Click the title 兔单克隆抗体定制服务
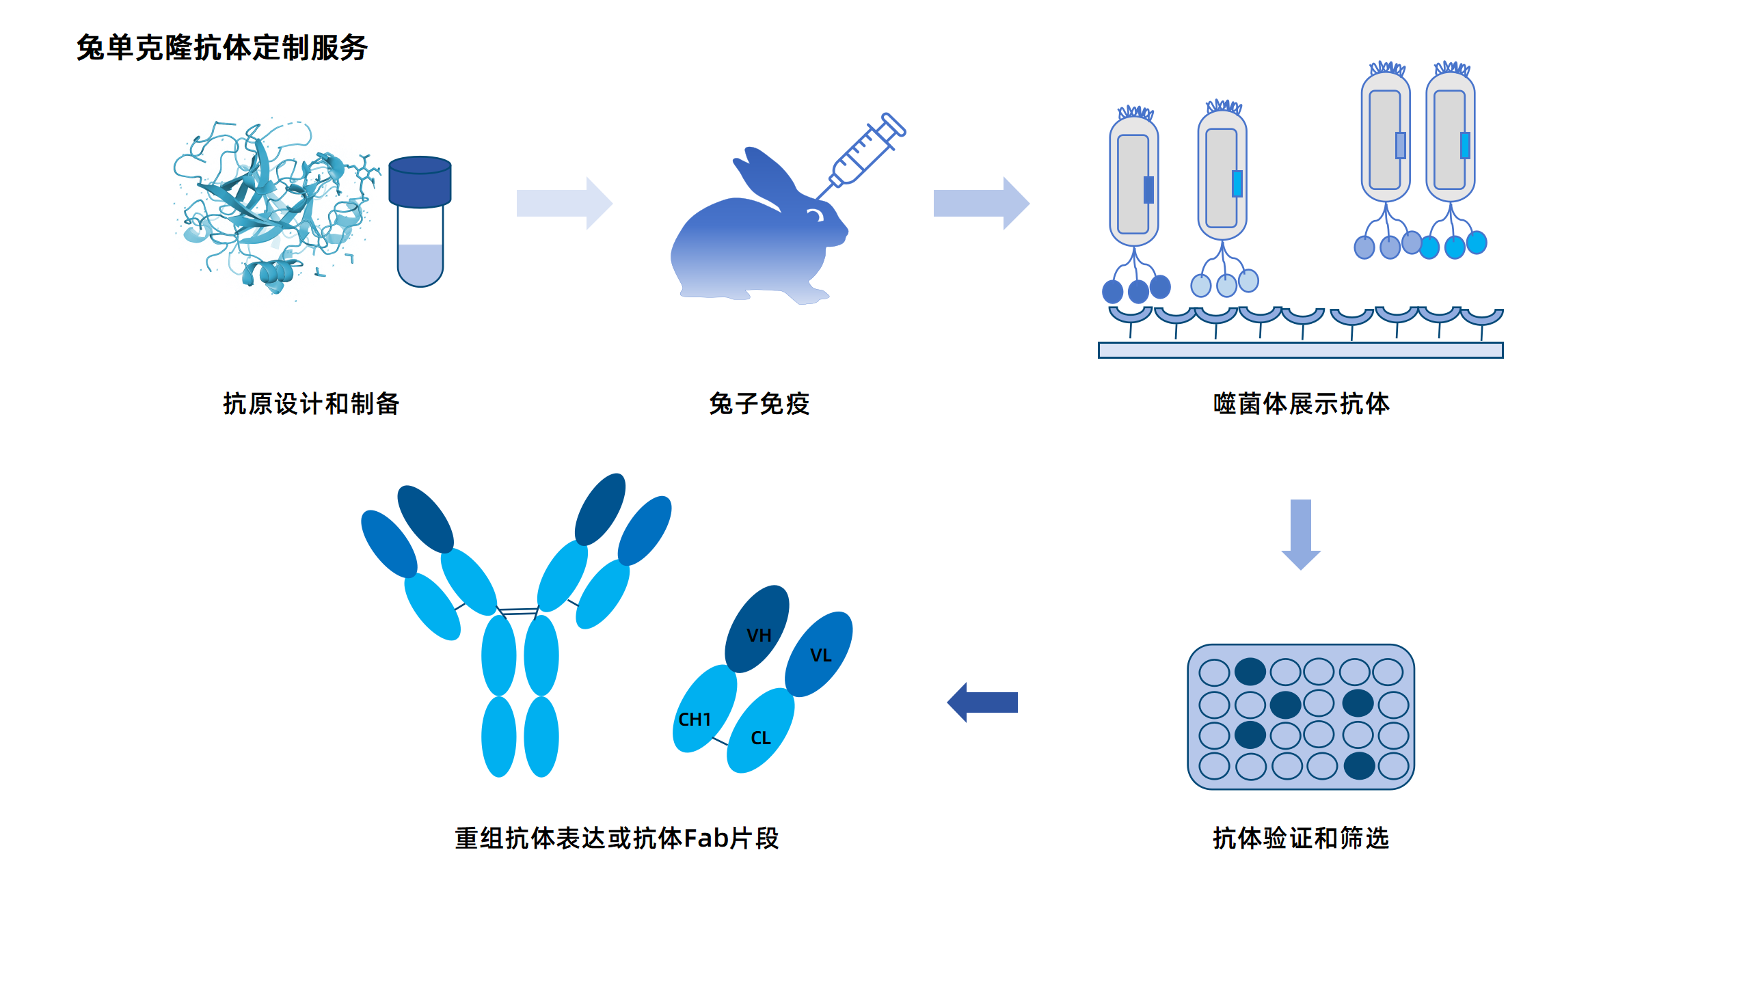pos(222,48)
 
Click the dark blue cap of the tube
pos(420,181)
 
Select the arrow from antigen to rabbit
pos(564,203)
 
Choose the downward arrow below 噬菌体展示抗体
pos(1300,534)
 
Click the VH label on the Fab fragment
pos(759,635)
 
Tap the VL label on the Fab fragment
pos(820,655)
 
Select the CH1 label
pos(695,720)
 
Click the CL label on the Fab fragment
pos(760,738)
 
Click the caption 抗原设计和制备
pos(311,403)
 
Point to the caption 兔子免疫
pos(759,403)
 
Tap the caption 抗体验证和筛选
pos(1300,838)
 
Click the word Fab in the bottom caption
pos(705,838)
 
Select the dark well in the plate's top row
pos(1250,672)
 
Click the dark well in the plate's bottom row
pos(1359,766)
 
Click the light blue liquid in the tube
pos(420,263)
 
